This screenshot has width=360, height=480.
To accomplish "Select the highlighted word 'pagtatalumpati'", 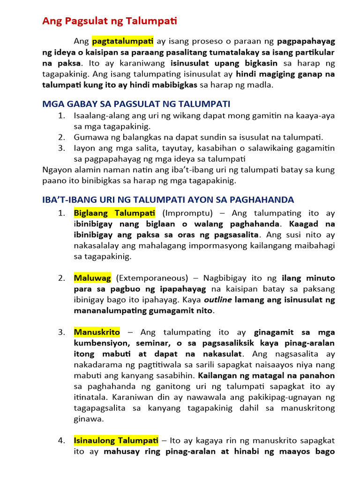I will (x=122, y=41).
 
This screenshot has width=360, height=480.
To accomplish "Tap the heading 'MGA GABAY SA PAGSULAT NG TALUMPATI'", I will (x=136, y=104).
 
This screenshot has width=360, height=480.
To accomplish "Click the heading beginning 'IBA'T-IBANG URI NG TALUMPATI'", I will (x=168, y=200).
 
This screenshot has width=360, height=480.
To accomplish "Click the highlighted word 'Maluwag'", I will (x=92, y=278).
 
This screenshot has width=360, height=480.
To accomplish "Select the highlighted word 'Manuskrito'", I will (x=97, y=332).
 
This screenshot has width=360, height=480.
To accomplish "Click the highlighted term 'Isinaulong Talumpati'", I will (x=116, y=441).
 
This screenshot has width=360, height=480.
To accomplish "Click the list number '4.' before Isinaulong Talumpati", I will (x=61, y=441).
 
